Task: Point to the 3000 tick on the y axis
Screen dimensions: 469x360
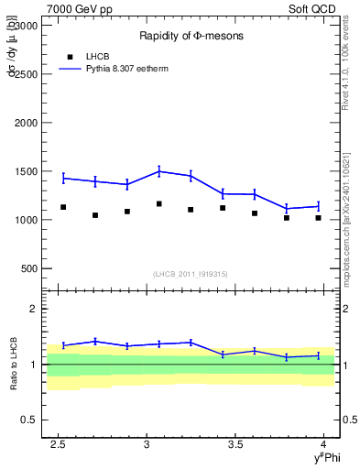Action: pos(31,25)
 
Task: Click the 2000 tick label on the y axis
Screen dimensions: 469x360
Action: pos(31,122)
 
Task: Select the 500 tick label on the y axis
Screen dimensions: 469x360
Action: pos(34,268)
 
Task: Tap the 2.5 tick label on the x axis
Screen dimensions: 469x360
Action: pos(59,444)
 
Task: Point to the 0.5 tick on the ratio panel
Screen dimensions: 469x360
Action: pos(33,420)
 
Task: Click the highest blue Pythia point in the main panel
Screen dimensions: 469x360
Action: pos(159,170)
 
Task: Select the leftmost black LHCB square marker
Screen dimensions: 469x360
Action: pos(63,207)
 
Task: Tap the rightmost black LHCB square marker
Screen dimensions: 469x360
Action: pos(318,218)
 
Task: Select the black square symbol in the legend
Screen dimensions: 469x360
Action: pos(71,57)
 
